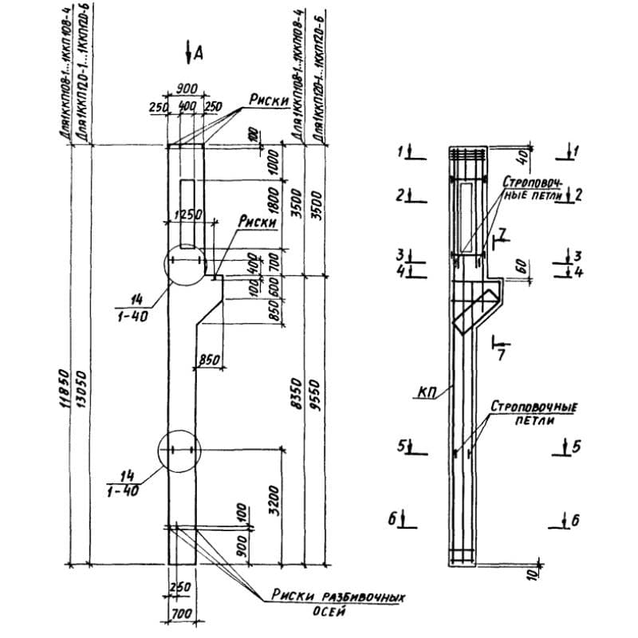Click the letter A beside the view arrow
tap(199, 53)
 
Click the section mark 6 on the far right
tap(573, 521)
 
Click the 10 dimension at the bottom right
tap(533, 571)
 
